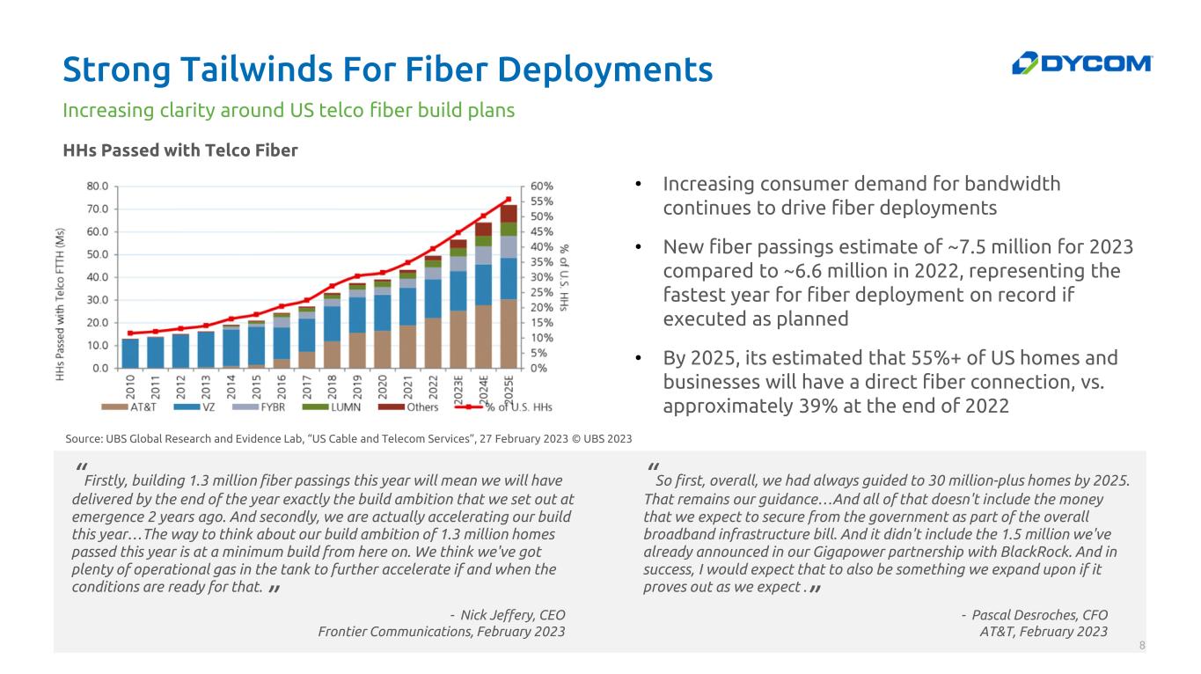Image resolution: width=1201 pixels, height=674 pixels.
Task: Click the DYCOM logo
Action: point(1081,63)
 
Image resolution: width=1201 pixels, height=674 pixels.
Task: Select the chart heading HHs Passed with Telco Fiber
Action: point(180,150)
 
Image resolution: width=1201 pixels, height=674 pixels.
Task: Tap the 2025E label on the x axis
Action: point(508,386)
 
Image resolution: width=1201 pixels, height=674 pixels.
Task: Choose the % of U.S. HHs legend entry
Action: point(511,406)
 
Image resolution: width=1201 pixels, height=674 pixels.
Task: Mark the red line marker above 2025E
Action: point(509,199)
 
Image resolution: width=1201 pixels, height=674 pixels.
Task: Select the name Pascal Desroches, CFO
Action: point(1039,614)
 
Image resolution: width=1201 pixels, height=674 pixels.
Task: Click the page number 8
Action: point(1142,646)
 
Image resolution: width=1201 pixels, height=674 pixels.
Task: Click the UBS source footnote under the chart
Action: point(348,438)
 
